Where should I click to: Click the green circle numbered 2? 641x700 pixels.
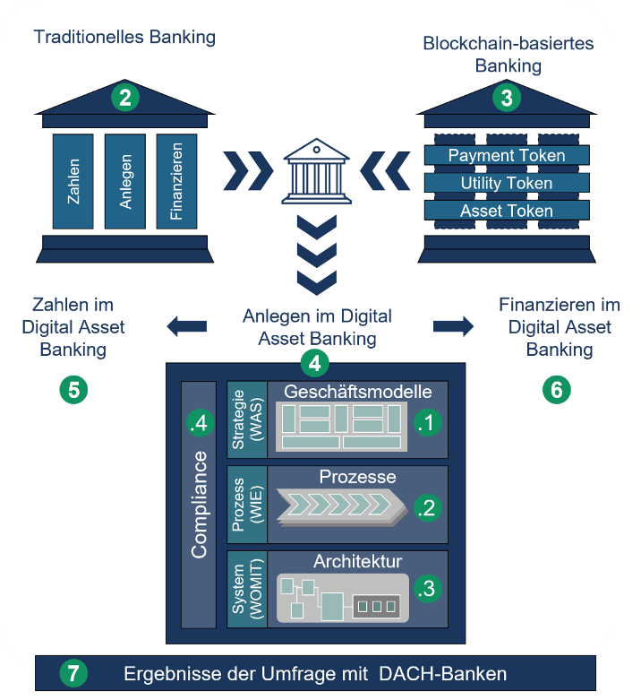tap(125, 98)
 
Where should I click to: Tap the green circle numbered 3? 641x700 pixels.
tap(507, 98)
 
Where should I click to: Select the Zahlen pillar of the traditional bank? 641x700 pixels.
tap(73, 181)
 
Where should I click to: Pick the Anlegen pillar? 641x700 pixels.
tap(125, 181)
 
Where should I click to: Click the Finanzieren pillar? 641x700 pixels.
tap(176, 181)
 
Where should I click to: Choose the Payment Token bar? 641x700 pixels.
tap(507, 155)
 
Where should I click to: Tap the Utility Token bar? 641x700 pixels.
tap(507, 183)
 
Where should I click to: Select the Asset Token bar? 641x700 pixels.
tap(507, 211)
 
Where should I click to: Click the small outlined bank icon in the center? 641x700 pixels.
tap(317, 171)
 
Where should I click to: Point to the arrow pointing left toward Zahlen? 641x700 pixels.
tap(187, 326)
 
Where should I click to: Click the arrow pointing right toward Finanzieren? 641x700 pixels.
tap(453, 326)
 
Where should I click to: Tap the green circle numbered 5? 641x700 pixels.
tap(73, 390)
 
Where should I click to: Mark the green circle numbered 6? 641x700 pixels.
tap(557, 390)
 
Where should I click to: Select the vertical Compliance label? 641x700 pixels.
tap(199, 505)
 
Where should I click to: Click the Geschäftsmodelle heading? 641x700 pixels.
tap(358, 392)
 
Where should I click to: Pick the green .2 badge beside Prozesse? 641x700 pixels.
tap(427, 508)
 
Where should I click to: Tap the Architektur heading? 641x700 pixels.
tap(358, 561)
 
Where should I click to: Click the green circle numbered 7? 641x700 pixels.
tap(73, 673)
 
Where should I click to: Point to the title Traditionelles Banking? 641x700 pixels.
tap(124, 37)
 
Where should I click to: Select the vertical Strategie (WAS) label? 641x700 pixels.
tap(247, 419)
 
